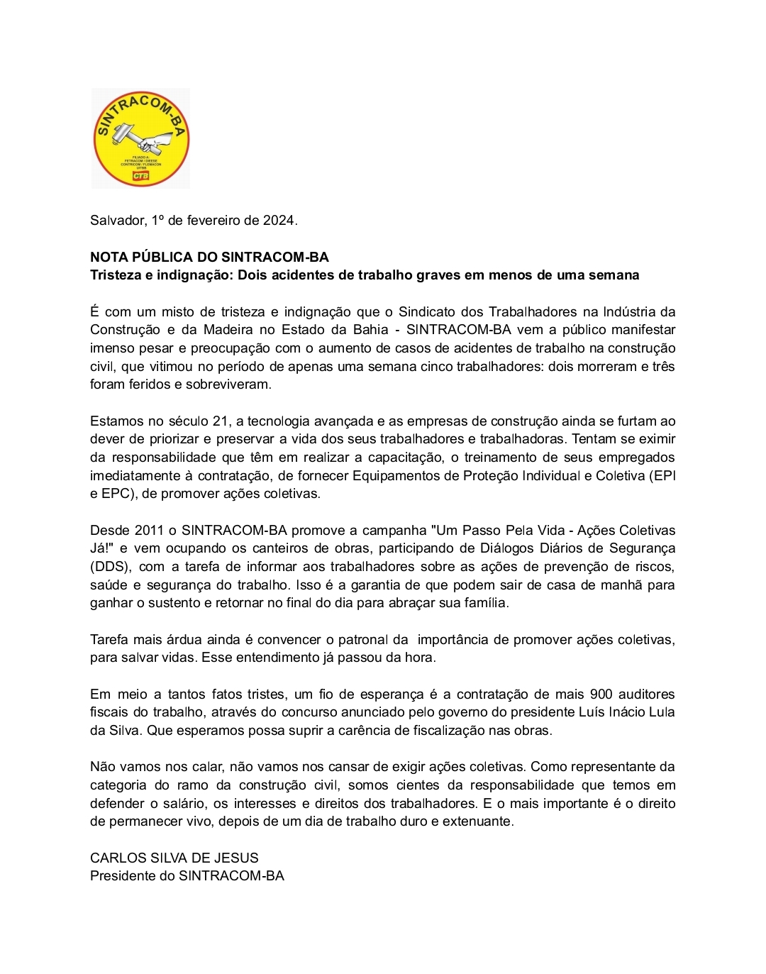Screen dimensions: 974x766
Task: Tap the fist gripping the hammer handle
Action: (x=157, y=141)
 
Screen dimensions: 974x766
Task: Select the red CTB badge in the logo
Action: (x=141, y=175)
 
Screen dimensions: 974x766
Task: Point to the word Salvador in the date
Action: (x=118, y=221)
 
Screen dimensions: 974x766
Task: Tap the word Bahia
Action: (x=370, y=330)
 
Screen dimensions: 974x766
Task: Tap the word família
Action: (x=484, y=603)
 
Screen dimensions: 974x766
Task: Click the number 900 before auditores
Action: (x=601, y=694)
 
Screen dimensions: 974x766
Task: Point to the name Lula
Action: (x=661, y=712)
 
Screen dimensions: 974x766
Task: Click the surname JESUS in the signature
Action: (x=238, y=858)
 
